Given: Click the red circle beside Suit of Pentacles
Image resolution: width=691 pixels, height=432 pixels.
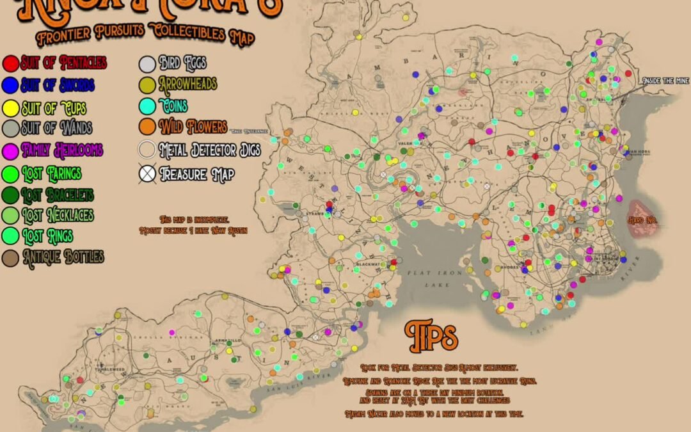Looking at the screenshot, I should pos(11,63).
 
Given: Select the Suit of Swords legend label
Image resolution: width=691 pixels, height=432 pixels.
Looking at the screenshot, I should pos(57,85).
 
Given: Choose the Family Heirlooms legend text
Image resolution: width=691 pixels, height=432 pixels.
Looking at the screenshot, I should pos(61,150).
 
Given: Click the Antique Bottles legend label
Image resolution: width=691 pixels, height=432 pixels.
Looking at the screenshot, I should pos(63,257).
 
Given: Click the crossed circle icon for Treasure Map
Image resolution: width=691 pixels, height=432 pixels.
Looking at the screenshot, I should pos(147,173).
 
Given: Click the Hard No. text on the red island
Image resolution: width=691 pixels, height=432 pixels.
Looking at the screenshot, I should pos(643,220).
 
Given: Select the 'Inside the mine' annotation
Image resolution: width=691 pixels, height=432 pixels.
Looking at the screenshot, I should pos(666,81).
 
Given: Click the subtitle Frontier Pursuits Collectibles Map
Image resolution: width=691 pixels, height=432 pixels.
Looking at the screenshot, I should pos(146,34).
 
